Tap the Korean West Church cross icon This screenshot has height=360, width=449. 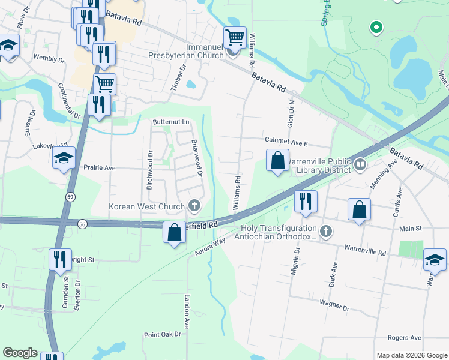coord(194,207)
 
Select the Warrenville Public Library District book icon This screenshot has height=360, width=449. coord(360,163)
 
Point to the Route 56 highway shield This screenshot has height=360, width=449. coord(82,223)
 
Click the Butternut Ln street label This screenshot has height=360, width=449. coord(170,122)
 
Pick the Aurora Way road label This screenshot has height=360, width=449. coord(209,248)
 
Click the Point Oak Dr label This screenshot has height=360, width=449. coord(162,334)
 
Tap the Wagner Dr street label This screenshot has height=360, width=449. coord(334,306)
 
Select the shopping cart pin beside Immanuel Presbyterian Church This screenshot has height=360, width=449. coord(235,38)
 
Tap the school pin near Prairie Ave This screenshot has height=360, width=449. coord(64,158)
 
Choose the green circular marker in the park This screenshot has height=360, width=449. coord(376,27)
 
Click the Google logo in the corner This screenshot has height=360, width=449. coord(20,353)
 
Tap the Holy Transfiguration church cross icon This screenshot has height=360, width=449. coord(325,231)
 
